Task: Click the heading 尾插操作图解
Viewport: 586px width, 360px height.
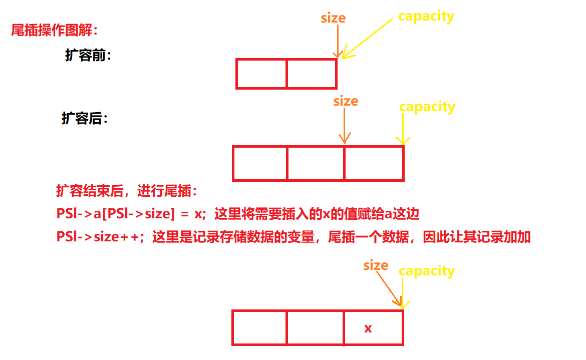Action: [x=54, y=31]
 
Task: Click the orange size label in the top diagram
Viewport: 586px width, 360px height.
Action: [x=333, y=19]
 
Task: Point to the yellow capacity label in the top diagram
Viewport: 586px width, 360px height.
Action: [x=426, y=16]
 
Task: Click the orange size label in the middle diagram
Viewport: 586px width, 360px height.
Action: [x=346, y=101]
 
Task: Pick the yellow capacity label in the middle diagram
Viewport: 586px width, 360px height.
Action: [x=427, y=107]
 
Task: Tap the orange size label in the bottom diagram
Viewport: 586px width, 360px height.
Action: [x=376, y=265]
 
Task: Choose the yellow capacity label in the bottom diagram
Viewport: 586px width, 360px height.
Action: [x=427, y=271]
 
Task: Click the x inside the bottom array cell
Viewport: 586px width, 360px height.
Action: [x=368, y=328]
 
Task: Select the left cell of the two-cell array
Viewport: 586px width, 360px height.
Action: [x=261, y=74]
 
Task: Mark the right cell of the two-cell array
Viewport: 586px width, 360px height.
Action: [x=311, y=74]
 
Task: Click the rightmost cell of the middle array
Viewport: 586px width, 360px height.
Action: [x=374, y=163]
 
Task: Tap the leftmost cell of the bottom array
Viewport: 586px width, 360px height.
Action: [x=259, y=328]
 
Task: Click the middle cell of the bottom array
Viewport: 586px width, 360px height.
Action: [x=316, y=328]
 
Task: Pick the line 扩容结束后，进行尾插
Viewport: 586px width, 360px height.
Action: [x=127, y=192]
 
